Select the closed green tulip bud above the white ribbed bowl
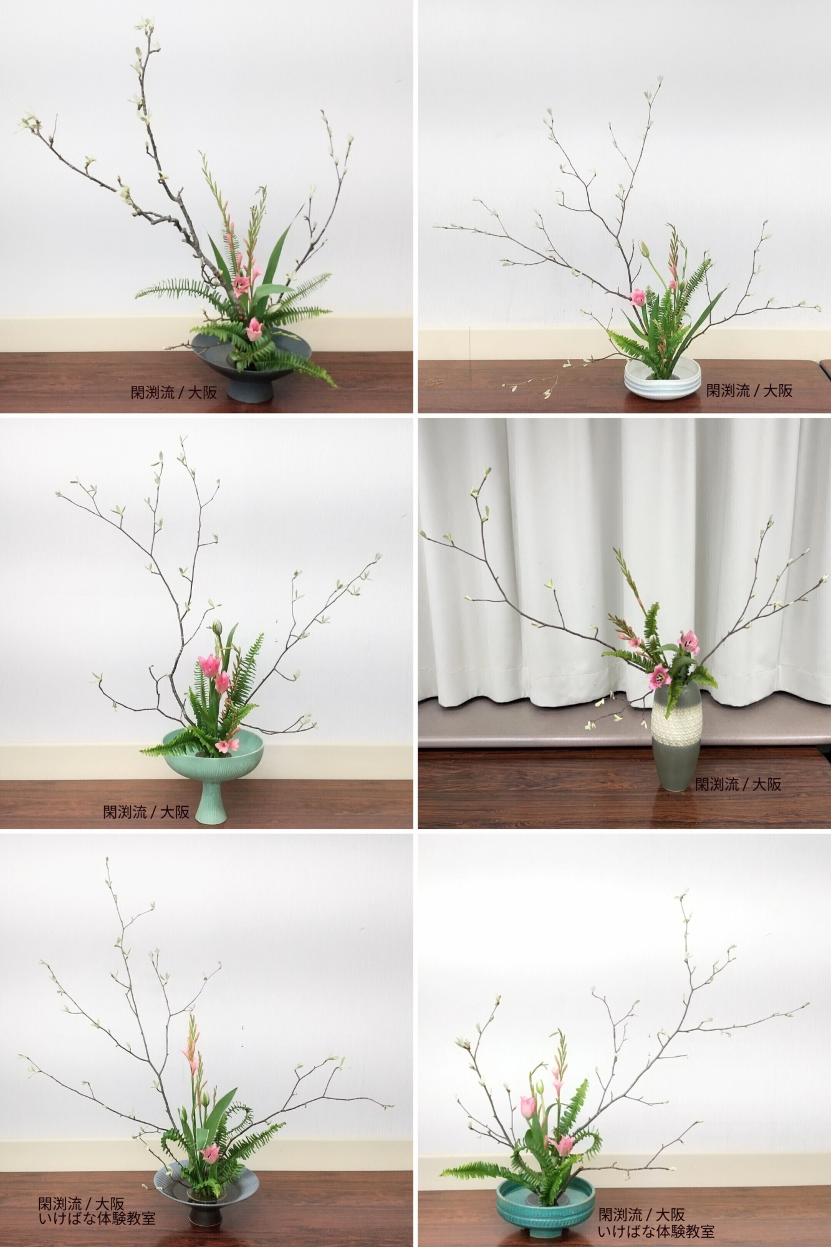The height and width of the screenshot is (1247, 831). click(x=645, y=250)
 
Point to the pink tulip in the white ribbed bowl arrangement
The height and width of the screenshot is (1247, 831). click(x=638, y=297)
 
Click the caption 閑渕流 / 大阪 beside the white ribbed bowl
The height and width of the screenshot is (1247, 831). click(x=749, y=390)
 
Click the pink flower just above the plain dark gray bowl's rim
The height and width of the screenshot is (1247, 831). click(x=254, y=329)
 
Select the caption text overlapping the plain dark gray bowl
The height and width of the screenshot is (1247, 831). click(x=174, y=392)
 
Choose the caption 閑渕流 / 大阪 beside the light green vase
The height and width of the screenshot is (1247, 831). click(x=146, y=811)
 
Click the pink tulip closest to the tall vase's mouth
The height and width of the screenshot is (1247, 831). click(x=658, y=676)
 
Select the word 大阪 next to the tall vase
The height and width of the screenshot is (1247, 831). click(x=767, y=784)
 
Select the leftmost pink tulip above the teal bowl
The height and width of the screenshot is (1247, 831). click(x=527, y=1106)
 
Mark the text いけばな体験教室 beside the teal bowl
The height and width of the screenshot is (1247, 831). click(x=656, y=1231)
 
